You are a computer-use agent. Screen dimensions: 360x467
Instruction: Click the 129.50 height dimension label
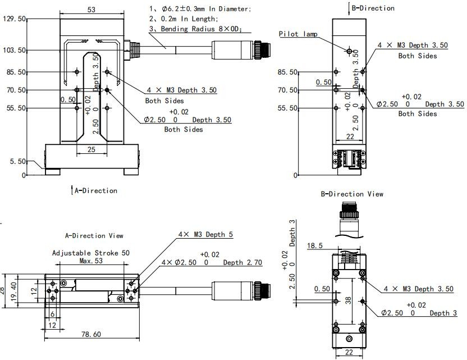point(15,19)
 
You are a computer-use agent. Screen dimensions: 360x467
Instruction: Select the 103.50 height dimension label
point(15,50)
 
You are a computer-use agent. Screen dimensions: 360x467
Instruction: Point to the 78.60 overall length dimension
point(91,334)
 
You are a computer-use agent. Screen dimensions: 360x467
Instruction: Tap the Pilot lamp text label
point(298,34)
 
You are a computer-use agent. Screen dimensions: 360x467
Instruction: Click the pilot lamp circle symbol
point(349,52)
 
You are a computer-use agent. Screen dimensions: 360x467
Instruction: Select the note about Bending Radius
point(196,29)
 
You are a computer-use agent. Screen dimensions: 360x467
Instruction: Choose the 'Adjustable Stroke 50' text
point(91,253)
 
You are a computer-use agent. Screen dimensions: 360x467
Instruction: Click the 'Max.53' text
point(90,261)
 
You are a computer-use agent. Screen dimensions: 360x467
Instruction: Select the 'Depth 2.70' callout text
point(242,262)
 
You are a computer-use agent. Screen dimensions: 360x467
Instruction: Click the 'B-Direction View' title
point(352,194)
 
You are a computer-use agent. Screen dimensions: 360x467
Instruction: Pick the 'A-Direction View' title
point(94,236)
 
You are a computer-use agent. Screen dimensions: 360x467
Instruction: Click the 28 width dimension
point(3,290)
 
